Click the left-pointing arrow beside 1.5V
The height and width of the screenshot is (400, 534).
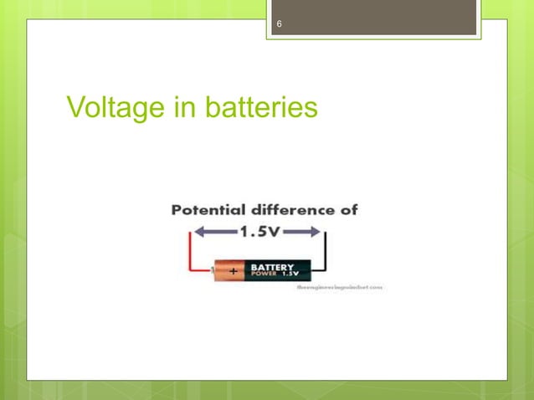point(210,233)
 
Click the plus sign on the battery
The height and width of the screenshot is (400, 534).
point(232,271)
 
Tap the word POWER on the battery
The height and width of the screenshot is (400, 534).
point(262,274)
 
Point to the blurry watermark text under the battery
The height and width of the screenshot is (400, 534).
point(339,286)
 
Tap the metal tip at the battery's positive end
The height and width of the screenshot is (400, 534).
point(213,271)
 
